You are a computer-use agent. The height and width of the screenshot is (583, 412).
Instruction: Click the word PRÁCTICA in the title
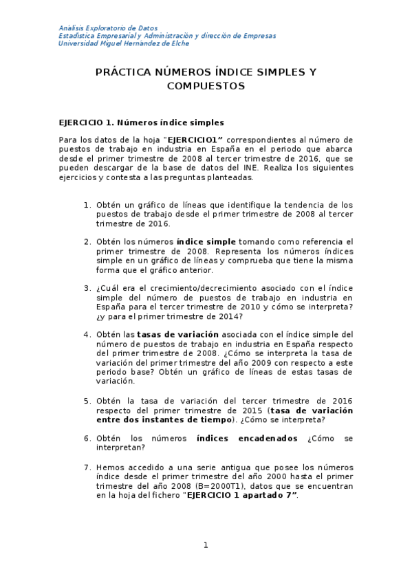[122, 72]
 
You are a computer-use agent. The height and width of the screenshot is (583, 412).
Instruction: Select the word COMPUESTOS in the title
[206, 87]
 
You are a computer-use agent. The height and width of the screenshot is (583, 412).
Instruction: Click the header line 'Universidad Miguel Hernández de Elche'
[124, 43]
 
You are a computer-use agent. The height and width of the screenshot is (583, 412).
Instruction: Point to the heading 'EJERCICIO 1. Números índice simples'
[141, 123]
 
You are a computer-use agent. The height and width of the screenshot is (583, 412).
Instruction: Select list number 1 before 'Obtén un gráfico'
[87, 205]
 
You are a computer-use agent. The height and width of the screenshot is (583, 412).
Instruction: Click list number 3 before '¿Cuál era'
[87, 288]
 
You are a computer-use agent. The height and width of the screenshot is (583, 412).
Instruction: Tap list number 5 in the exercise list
[87, 400]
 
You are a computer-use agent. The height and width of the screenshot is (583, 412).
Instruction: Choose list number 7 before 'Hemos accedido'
[87, 467]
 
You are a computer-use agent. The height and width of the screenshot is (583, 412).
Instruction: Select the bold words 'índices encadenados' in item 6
[247, 438]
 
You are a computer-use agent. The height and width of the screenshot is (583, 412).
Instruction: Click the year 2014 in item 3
[228, 316]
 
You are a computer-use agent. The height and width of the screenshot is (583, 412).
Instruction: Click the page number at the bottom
[205, 545]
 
